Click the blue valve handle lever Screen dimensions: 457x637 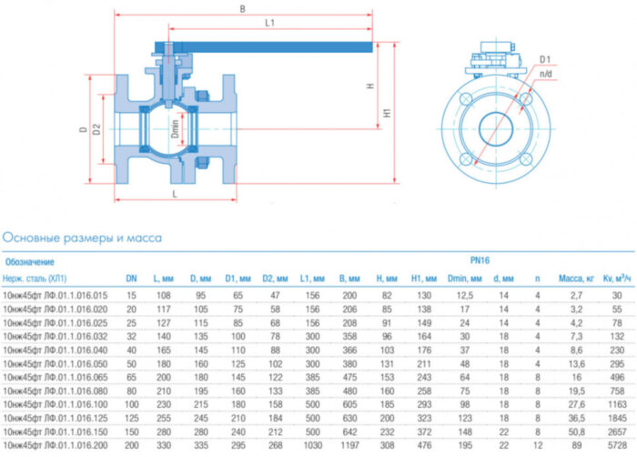coord(273,47)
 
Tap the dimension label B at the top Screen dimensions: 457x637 coord(241,9)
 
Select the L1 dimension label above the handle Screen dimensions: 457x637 coord(269,25)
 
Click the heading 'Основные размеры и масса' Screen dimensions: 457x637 coord(82,238)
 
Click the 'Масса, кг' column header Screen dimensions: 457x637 coord(575,278)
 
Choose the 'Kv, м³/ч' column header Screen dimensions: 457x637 coord(616,278)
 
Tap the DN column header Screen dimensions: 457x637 coord(131,278)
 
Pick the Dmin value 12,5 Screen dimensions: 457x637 coord(464,295)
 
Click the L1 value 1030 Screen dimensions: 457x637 coord(310,446)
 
